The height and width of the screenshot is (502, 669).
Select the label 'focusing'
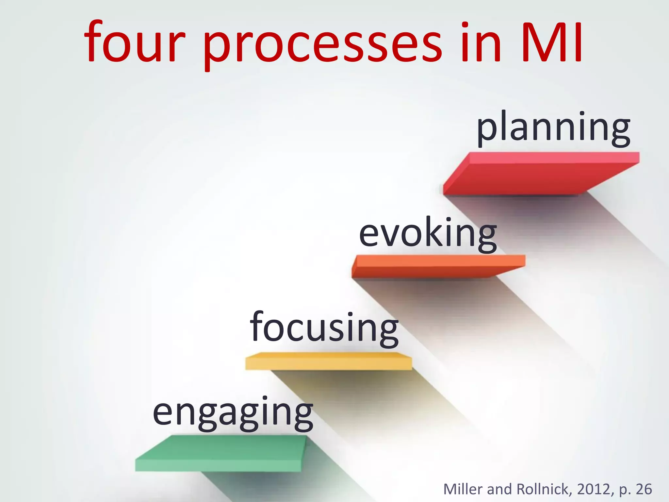coord(324,328)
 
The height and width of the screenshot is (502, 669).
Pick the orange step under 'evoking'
coord(438,266)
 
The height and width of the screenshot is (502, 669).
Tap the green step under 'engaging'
coord(220,454)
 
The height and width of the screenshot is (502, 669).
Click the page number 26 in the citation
coord(644,489)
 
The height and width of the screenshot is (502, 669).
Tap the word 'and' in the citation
coord(499,489)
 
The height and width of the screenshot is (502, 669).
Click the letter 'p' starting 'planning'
coord(487,129)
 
